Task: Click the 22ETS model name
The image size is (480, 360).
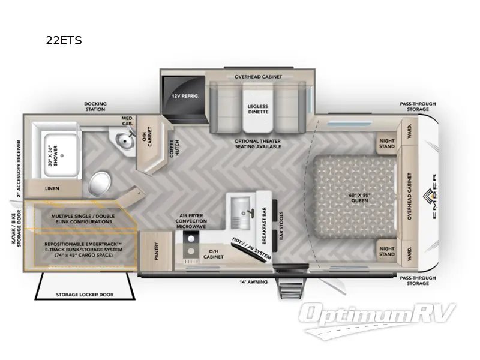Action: [x=64, y=41]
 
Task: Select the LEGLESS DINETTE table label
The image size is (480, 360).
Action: [x=257, y=110]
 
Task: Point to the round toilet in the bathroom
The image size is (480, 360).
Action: [x=100, y=182]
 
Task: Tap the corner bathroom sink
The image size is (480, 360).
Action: [x=125, y=140]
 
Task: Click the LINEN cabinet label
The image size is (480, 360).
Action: [x=52, y=188]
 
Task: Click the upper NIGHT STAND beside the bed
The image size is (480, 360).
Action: [x=387, y=144]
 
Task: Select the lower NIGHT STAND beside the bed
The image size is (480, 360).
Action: [x=387, y=251]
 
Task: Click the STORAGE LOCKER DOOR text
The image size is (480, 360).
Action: [x=85, y=294]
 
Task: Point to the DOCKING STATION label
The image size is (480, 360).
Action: [x=95, y=107]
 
